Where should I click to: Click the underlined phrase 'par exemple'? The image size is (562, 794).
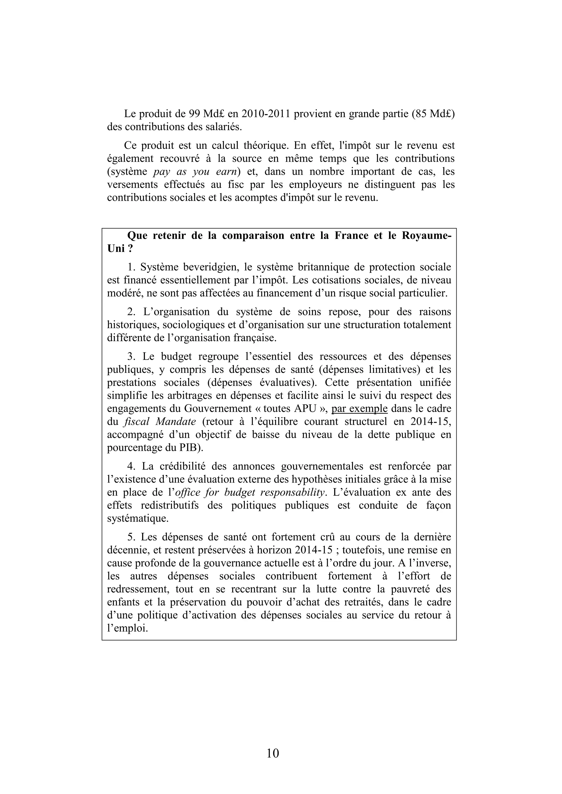[359, 409]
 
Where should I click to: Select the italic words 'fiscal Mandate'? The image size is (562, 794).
[159, 422]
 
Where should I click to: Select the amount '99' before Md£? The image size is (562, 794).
[194, 114]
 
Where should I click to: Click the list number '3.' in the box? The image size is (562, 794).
[132, 356]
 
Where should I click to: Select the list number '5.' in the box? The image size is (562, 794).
[132, 537]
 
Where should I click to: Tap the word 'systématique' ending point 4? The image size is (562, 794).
[138, 519]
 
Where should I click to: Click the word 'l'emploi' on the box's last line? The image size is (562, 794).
[127, 628]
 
